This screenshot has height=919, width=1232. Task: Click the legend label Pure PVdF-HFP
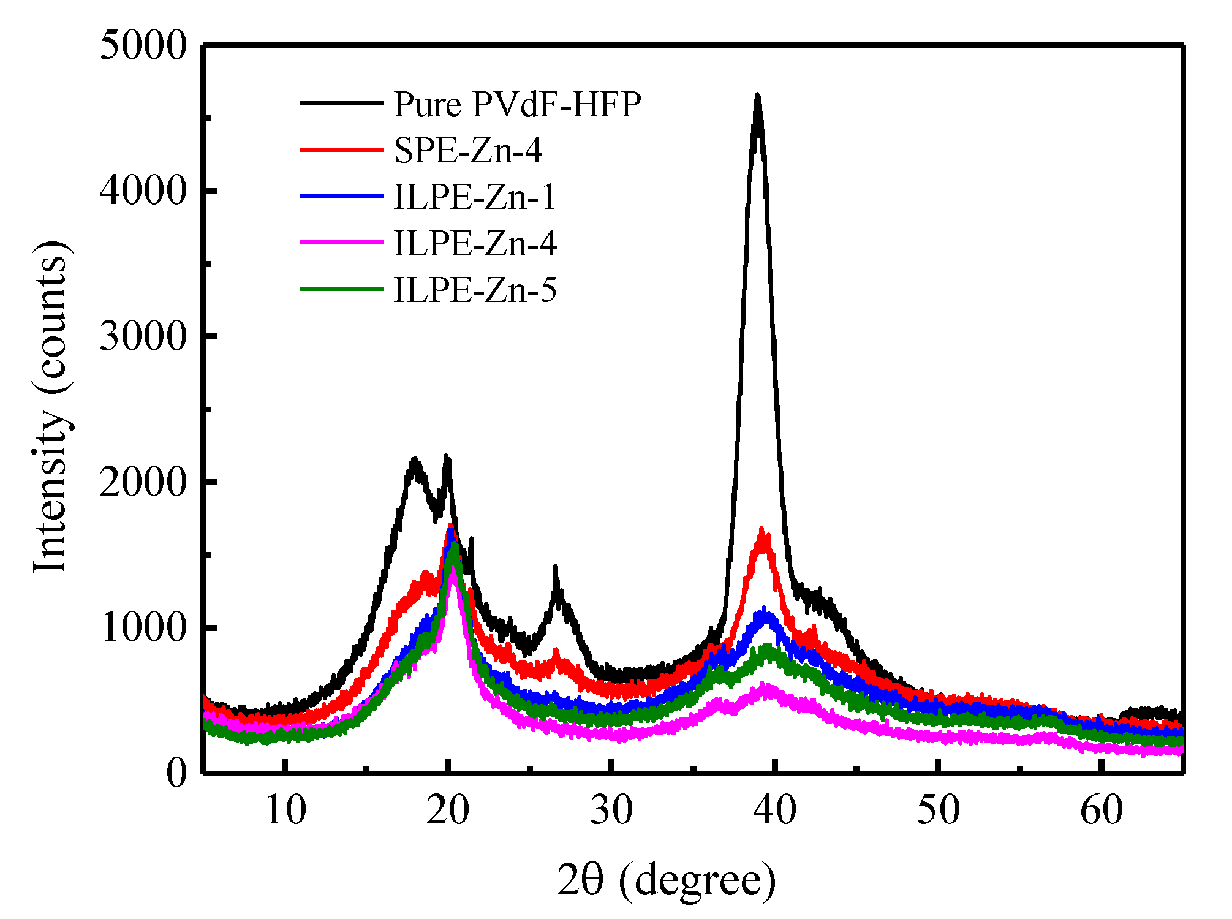517,104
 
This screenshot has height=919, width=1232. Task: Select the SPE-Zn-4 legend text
468,151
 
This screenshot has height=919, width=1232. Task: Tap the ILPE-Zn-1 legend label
474,197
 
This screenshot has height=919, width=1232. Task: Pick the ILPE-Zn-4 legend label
475,244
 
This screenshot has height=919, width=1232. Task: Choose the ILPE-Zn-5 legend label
475,290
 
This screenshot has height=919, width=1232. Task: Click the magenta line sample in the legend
341,243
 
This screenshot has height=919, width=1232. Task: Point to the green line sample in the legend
341,289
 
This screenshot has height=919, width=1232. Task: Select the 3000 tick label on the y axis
143,336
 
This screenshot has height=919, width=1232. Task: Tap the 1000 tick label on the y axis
143,627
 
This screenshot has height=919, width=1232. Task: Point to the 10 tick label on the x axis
285,811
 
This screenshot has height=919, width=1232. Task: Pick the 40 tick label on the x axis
775,811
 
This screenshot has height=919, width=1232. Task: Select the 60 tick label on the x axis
1102,811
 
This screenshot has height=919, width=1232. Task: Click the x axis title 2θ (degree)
667,880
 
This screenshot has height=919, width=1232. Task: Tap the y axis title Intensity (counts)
50,407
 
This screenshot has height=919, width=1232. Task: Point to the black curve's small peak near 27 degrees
556,569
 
